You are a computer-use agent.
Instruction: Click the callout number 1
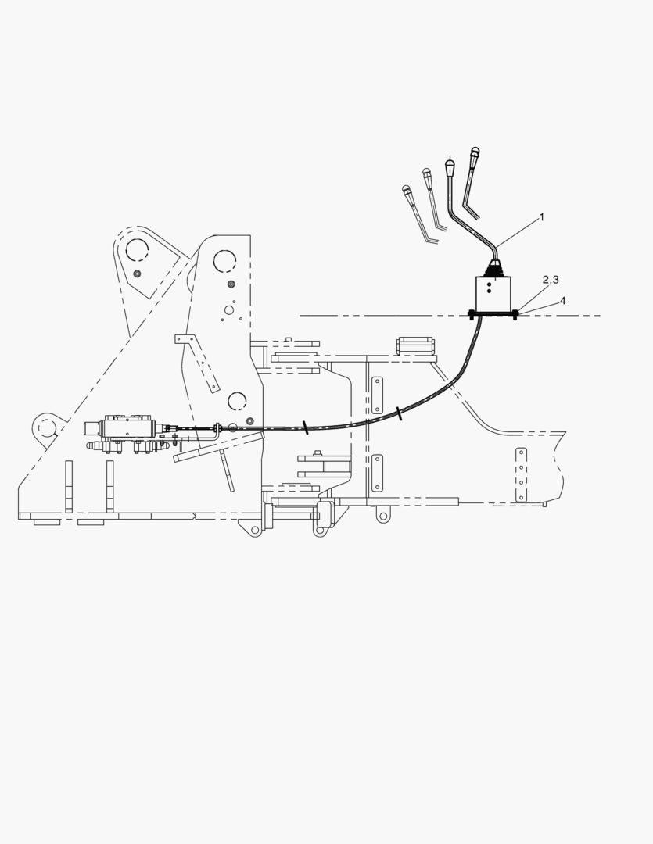[542, 217]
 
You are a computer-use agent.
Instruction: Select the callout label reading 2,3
[550, 279]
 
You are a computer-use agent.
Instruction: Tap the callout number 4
[563, 300]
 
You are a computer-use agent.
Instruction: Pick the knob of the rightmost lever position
[475, 152]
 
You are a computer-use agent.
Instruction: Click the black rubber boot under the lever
[493, 269]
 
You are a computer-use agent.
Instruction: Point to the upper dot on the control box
[489, 282]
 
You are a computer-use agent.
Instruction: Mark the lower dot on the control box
[489, 291]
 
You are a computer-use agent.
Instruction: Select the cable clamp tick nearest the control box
[399, 414]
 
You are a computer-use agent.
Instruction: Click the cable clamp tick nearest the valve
[305, 427]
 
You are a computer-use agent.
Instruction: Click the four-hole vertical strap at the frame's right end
[521, 475]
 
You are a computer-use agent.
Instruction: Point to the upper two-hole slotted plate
[377, 395]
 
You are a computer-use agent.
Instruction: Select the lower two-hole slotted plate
[377, 473]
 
